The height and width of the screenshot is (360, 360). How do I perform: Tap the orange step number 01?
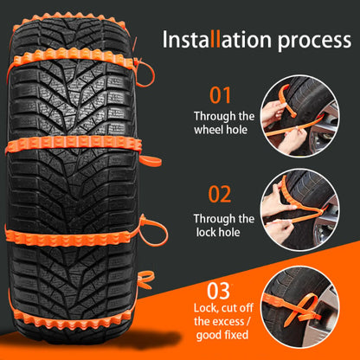tap(221, 95)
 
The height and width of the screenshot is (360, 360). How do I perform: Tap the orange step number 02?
tap(221, 196)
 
